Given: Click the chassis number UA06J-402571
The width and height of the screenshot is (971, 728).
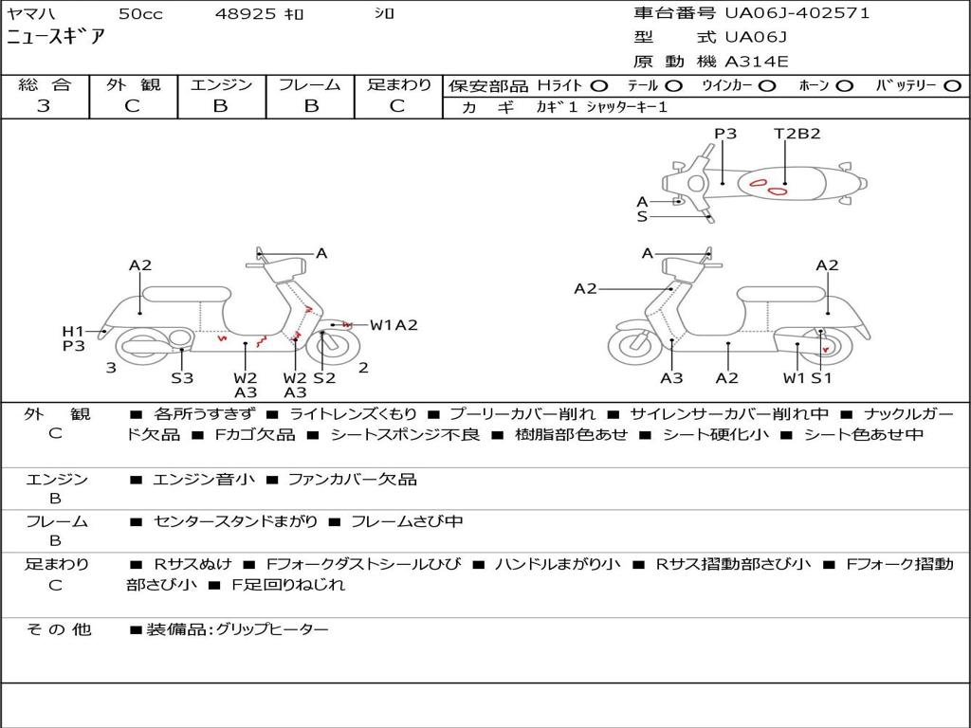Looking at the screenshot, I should coord(797,13).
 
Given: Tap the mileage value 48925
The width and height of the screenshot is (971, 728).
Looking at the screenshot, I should coord(246,14).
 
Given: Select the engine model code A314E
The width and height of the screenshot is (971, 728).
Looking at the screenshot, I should coord(757,62).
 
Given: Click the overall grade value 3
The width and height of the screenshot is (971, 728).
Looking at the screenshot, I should coord(44,106).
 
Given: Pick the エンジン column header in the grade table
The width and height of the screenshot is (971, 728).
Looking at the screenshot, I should coord(221,85).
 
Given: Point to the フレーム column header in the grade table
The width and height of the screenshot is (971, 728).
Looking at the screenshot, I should coord(309,85).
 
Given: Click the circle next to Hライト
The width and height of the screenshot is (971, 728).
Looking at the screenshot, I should coord(599,85).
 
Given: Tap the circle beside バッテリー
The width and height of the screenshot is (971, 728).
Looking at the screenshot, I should coord(953,85).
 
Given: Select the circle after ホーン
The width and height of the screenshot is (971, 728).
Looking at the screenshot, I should coord(845,85).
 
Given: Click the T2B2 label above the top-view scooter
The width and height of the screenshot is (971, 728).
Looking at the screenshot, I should coord(797,134).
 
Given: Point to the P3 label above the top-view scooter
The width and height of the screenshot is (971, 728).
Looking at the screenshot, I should coord(725,134).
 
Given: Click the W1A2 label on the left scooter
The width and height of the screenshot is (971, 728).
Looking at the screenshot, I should coord(394,325).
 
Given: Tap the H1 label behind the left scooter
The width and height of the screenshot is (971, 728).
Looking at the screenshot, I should coord(73,331).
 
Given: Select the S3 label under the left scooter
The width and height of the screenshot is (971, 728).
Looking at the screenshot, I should coord(182,378).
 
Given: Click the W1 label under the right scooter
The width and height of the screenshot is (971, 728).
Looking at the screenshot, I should coord(794,378).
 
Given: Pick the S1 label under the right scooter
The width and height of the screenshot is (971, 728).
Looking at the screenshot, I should coord(821,378).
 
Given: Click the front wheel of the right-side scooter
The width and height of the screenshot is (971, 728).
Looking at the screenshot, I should coord(634,346).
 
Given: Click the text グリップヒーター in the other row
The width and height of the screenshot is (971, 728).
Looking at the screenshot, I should coord(272,629).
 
